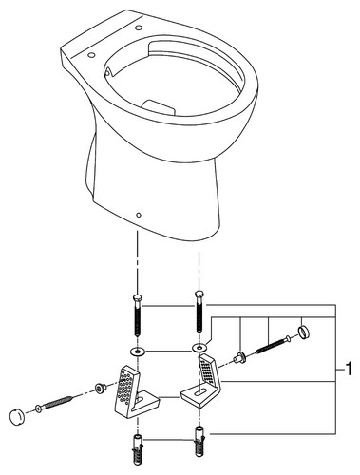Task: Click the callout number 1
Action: click(x=349, y=370)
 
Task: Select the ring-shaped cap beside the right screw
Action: click(x=303, y=332)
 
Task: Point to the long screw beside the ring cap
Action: click(x=275, y=345)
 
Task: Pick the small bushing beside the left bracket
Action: click(x=101, y=388)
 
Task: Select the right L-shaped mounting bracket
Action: click(x=202, y=379)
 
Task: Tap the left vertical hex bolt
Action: click(x=137, y=315)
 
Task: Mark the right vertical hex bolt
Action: click(x=199, y=311)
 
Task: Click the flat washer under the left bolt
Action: click(x=137, y=351)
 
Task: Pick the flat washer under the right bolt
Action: click(x=199, y=348)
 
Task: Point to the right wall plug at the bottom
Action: click(x=199, y=442)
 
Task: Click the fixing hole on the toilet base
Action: click(x=139, y=216)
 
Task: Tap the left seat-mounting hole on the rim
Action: click(x=91, y=55)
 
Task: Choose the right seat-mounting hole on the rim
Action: click(x=139, y=28)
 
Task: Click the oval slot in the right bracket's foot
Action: click(x=199, y=392)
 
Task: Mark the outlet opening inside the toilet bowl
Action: click(x=159, y=107)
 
